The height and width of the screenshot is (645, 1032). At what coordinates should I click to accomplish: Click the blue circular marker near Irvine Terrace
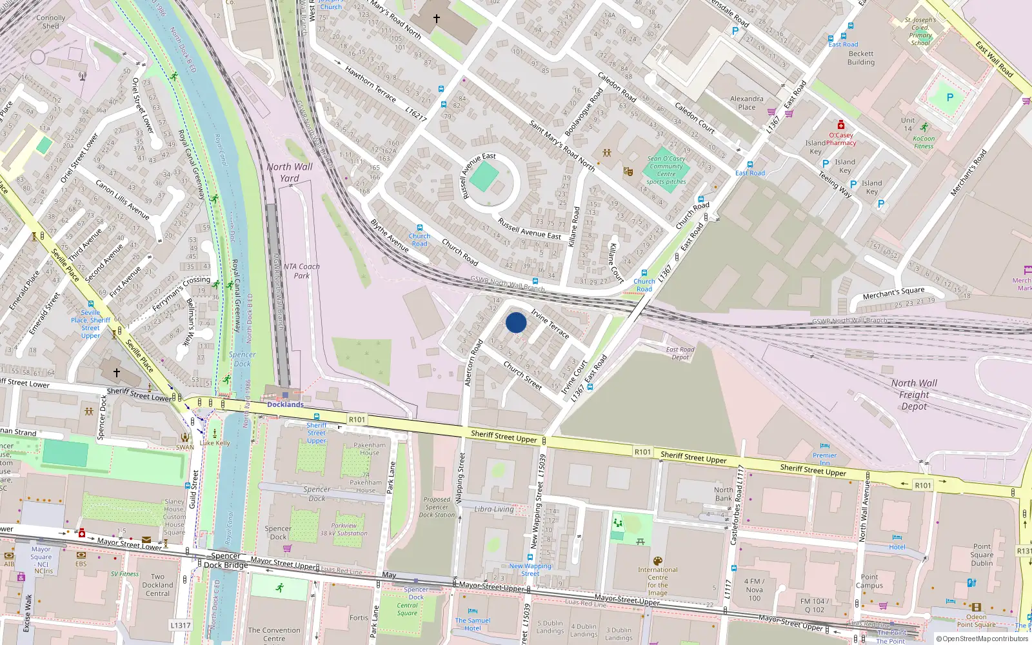click(516, 322)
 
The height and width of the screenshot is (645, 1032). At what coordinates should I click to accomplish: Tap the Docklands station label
click(285, 404)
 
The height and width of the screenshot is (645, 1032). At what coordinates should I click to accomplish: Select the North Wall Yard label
click(290, 172)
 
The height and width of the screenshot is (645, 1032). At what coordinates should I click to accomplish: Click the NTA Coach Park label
click(301, 271)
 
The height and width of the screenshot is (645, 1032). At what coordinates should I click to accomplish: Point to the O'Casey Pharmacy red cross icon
click(840, 124)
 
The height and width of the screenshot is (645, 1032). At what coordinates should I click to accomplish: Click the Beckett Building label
click(861, 58)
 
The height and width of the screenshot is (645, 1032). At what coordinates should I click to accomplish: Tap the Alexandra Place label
click(746, 103)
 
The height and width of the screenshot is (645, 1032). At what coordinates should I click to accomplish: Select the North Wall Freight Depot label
click(914, 394)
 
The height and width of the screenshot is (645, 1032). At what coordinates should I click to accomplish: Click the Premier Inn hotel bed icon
click(825, 446)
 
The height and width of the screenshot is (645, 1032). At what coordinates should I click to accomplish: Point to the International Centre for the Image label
click(658, 581)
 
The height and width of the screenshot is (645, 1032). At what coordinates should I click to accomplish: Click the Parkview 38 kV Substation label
click(344, 530)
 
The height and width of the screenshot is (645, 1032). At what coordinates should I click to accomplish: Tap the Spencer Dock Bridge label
click(226, 561)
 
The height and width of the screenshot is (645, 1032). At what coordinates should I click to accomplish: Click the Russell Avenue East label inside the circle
click(479, 175)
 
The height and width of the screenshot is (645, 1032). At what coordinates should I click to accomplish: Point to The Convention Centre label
click(274, 634)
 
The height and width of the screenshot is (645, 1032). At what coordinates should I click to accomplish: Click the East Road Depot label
click(680, 353)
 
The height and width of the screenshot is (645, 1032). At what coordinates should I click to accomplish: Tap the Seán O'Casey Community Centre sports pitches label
click(666, 170)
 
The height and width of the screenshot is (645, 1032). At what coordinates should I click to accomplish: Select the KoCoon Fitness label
click(924, 142)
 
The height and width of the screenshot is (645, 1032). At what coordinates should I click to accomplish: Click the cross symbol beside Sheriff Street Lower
click(117, 373)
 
